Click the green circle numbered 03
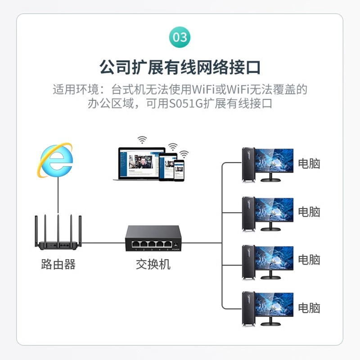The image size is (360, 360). click(x=180, y=37)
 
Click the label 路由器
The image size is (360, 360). click(x=58, y=264)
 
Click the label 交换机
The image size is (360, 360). click(x=153, y=264)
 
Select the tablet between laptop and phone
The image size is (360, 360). click(x=166, y=166)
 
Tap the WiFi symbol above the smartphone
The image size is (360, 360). click(x=183, y=153)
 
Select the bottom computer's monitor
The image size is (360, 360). click(x=274, y=305)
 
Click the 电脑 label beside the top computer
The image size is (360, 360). click(x=309, y=163)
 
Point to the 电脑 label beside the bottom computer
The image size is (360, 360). click(x=309, y=308)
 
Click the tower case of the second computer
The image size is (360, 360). click(x=248, y=213)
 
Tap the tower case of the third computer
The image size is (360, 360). click(x=248, y=261)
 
